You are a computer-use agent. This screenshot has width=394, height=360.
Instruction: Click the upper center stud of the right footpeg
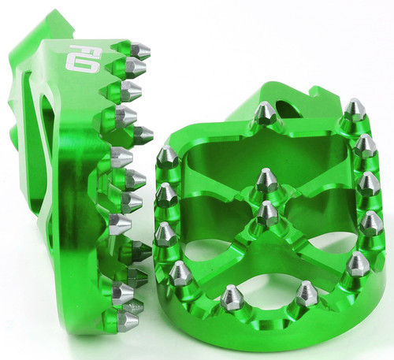coord(266,180)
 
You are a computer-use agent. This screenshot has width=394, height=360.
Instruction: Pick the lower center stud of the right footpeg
coord(268,213)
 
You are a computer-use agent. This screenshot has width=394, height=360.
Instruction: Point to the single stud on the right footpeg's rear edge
coord(265,113)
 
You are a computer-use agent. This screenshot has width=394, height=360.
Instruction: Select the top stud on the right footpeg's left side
coord(168,156)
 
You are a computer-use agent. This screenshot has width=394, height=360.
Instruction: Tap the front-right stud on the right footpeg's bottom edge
coord(305,292)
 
